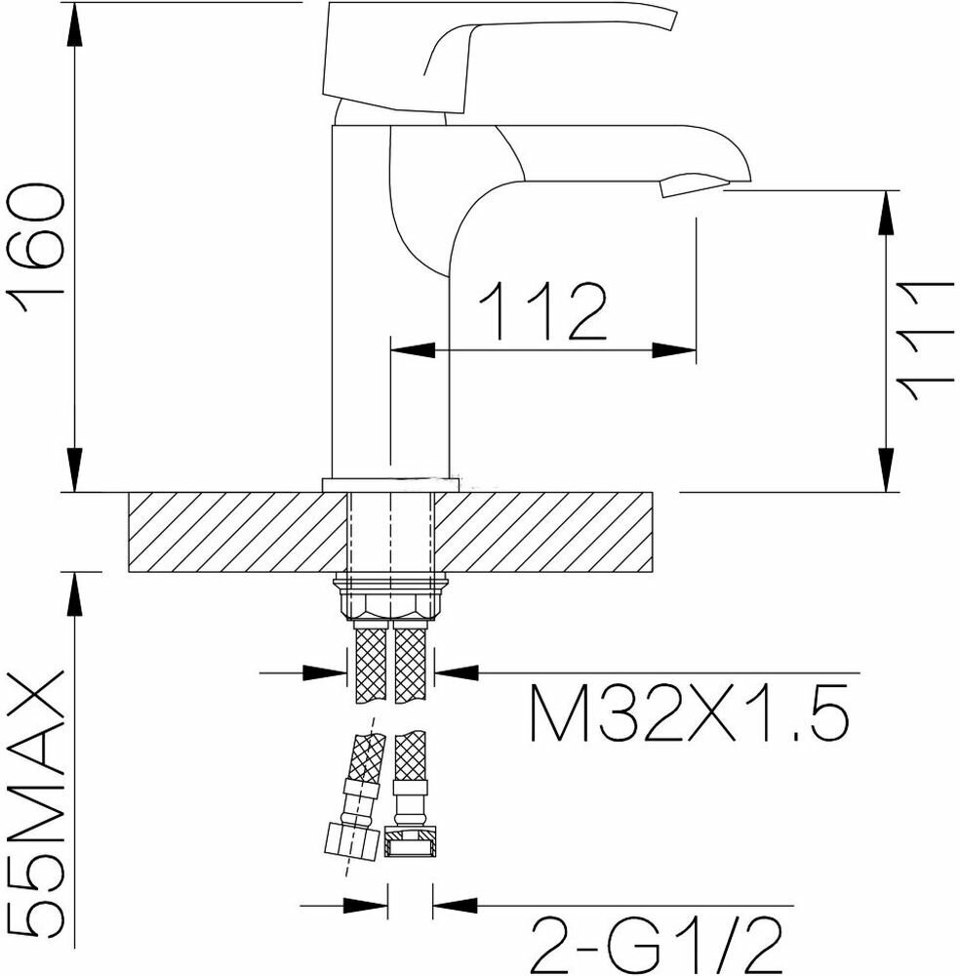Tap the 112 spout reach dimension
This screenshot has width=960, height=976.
542,311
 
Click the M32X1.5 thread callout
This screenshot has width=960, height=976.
689,712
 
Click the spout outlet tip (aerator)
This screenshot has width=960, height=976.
693,185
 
